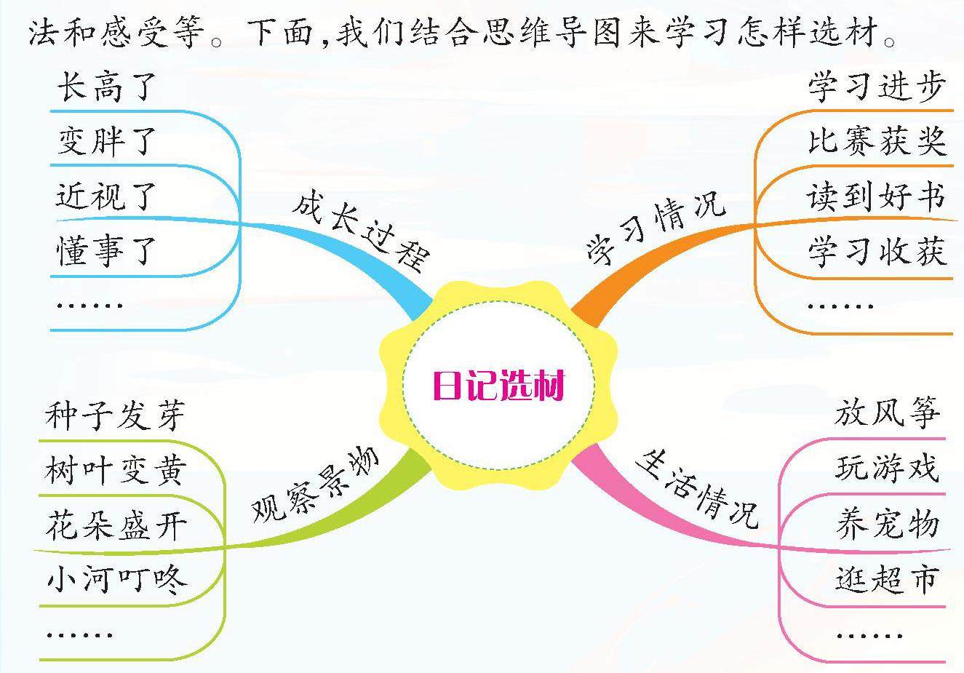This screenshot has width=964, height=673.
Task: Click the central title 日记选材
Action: [498, 386]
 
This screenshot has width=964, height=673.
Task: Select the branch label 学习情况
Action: [656, 226]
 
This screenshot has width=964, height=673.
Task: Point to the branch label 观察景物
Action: [316, 482]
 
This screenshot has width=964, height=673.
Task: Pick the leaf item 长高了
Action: [106, 89]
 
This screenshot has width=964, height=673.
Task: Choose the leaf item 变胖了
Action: [106, 140]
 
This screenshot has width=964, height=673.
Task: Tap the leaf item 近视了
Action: [106, 196]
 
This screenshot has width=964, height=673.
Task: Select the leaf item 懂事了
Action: [106, 251]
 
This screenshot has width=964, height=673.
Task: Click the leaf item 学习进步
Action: [877, 87]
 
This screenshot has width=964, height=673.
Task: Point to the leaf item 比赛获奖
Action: [877, 140]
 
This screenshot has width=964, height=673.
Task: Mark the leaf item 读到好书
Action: [877, 196]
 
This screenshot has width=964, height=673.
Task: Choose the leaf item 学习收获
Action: [877, 251]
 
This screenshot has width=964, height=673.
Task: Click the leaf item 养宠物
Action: [888, 524]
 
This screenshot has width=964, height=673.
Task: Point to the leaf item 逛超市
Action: [888, 578]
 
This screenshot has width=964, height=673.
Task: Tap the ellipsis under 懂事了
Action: [89, 305]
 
